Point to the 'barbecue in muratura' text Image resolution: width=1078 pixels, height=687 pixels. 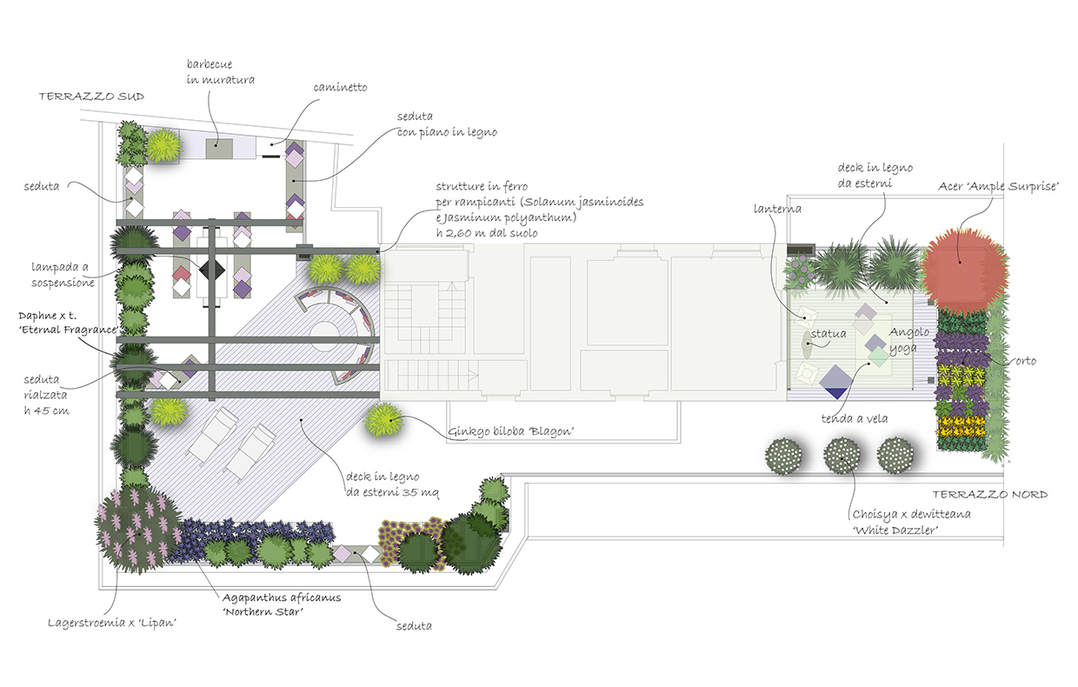click(x=220, y=72)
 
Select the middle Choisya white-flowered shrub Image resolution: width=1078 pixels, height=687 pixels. click(x=841, y=456)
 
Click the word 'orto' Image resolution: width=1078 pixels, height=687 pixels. click(x=1026, y=361)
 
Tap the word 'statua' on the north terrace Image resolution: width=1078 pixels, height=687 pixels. click(x=828, y=334)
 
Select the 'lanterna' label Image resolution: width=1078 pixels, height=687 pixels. click(x=779, y=209)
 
